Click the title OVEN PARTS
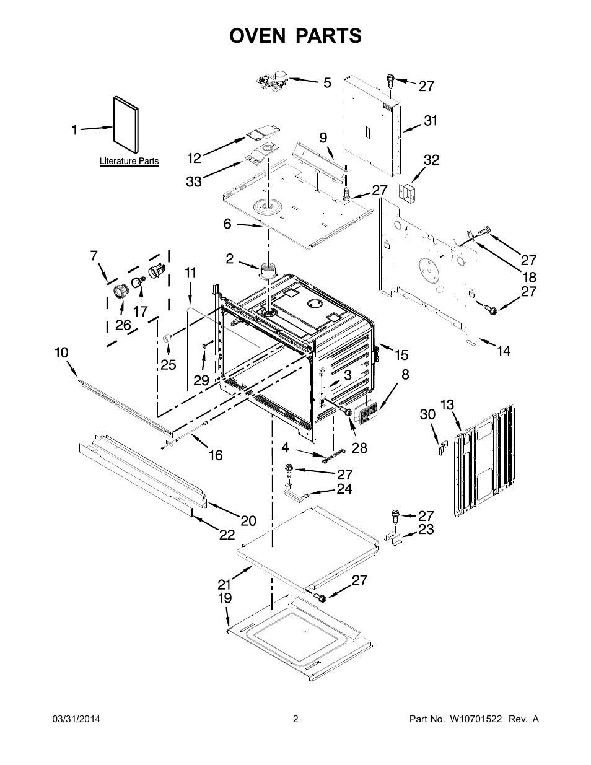pyautogui.click(x=295, y=37)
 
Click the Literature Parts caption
pyautogui.click(x=129, y=162)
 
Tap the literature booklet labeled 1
pyautogui.click(x=126, y=123)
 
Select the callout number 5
pyautogui.click(x=327, y=82)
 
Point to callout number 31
pyautogui.click(x=431, y=121)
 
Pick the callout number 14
pyautogui.click(x=504, y=351)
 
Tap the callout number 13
pyautogui.click(x=447, y=405)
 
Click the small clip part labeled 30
pyautogui.click(x=442, y=448)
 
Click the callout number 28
pyautogui.click(x=359, y=448)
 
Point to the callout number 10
pyautogui.click(x=61, y=352)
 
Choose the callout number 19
pyautogui.click(x=224, y=598)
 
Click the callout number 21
pyautogui.click(x=224, y=584)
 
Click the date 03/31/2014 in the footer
pyautogui.click(x=76, y=719)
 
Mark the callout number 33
pyautogui.click(x=194, y=182)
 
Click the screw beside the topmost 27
pyautogui.click(x=390, y=81)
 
